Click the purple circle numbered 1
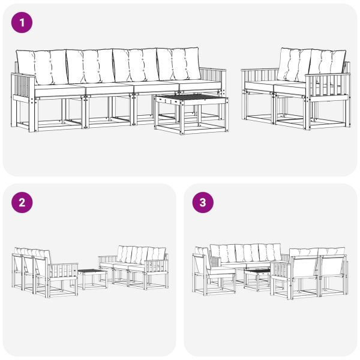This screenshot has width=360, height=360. (x=22, y=23)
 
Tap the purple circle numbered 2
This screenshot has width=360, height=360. (x=22, y=202)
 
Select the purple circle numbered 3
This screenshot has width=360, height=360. (x=202, y=202)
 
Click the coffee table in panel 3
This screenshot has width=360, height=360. (x=257, y=277)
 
